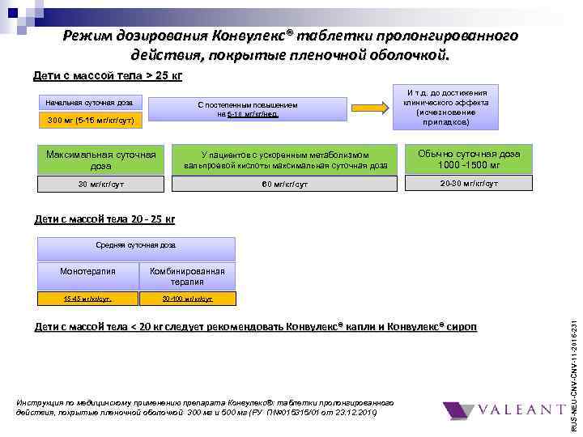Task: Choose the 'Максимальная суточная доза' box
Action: point(101,159)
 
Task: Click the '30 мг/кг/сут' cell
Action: point(101,184)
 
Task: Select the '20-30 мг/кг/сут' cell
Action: point(469,184)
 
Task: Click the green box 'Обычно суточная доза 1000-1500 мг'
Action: point(469,159)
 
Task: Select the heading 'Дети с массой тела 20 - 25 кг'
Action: point(104,218)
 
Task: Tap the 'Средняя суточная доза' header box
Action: point(137,244)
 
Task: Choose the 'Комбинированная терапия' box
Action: point(187,276)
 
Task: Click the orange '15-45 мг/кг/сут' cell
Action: point(88,299)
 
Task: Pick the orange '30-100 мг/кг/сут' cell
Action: point(187,299)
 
